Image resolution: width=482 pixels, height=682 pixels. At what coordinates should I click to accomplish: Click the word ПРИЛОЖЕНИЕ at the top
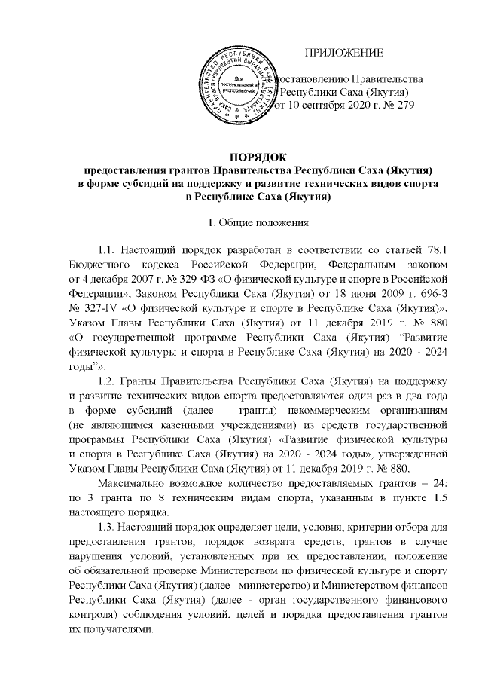click(343, 53)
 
